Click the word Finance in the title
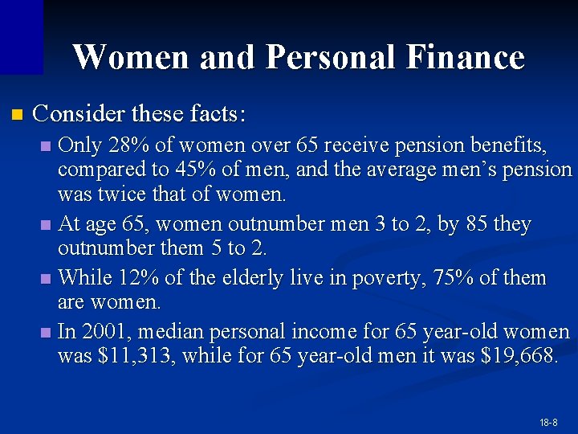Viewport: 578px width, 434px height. pyautogui.click(x=466, y=57)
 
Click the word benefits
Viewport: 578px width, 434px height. pyautogui.click(x=507, y=145)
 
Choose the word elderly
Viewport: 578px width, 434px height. pyautogui.click(x=265, y=278)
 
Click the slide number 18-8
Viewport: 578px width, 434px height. pyautogui.click(x=549, y=422)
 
